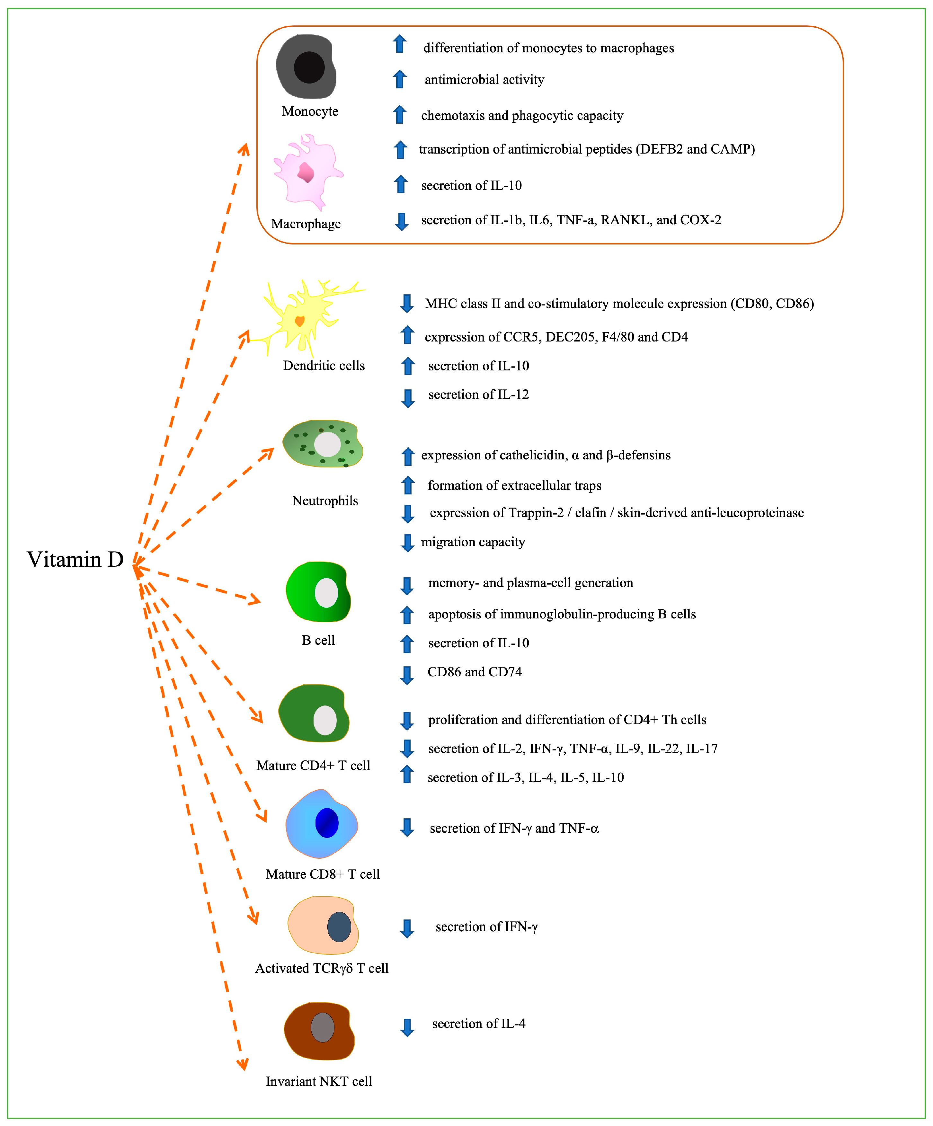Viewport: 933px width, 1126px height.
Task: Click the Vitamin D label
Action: point(75,559)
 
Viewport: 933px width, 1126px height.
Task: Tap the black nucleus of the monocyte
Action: point(309,67)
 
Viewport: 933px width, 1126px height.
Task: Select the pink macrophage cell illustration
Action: point(307,172)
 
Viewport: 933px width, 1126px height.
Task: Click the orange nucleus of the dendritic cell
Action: point(300,321)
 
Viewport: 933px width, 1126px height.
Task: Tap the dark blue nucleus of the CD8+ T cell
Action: point(326,822)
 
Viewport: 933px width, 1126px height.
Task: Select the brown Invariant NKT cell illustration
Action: point(320,1031)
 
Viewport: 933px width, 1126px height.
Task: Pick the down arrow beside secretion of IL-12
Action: point(408,398)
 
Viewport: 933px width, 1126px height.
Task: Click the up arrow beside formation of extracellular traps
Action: point(408,485)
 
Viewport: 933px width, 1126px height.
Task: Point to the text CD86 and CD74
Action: point(475,672)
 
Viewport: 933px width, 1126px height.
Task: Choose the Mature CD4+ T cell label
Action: point(313,765)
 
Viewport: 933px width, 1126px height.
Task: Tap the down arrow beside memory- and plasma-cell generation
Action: point(407,586)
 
